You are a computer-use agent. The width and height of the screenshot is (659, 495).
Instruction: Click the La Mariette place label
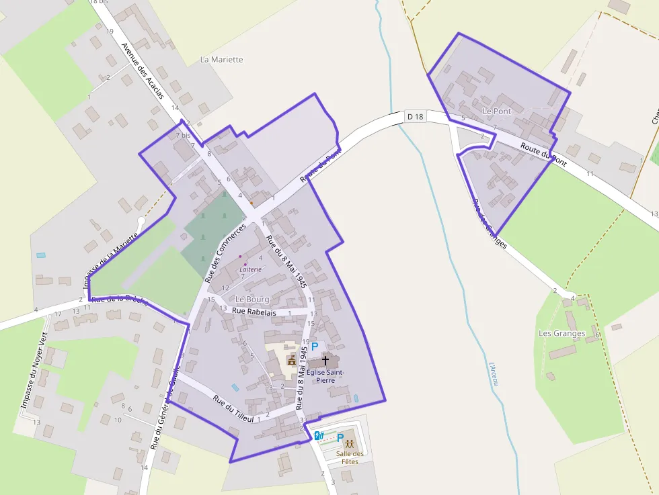(222, 60)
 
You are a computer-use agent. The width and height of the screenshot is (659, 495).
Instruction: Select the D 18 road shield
(416, 117)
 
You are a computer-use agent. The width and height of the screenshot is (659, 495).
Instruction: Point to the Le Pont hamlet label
(497, 111)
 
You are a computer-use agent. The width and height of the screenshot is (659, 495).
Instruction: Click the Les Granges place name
(562, 333)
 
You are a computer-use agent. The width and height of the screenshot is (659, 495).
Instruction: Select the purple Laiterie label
(250, 269)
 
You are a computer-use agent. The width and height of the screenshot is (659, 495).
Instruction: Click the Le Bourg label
(252, 299)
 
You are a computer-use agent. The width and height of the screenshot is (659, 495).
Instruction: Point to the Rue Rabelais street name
(255, 311)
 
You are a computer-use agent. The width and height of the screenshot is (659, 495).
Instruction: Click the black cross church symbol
(325, 361)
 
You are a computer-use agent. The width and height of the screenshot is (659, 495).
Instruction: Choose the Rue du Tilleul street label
(233, 408)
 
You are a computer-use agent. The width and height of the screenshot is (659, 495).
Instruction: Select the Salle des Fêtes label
(350, 458)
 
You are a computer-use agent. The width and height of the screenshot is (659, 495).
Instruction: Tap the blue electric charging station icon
(319, 435)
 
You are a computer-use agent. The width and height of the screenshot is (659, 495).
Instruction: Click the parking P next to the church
(314, 347)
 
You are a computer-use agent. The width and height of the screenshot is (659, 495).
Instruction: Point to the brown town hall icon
(292, 361)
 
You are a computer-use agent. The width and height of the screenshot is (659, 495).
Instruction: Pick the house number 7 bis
(182, 135)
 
